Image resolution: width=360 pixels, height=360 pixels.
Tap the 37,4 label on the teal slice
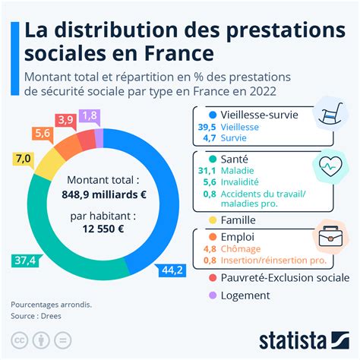24,261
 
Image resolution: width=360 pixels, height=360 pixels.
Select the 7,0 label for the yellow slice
23,158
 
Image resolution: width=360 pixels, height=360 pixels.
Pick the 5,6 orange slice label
42,133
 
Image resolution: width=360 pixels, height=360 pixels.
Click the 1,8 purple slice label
90,115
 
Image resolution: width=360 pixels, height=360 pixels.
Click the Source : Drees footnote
39,314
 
